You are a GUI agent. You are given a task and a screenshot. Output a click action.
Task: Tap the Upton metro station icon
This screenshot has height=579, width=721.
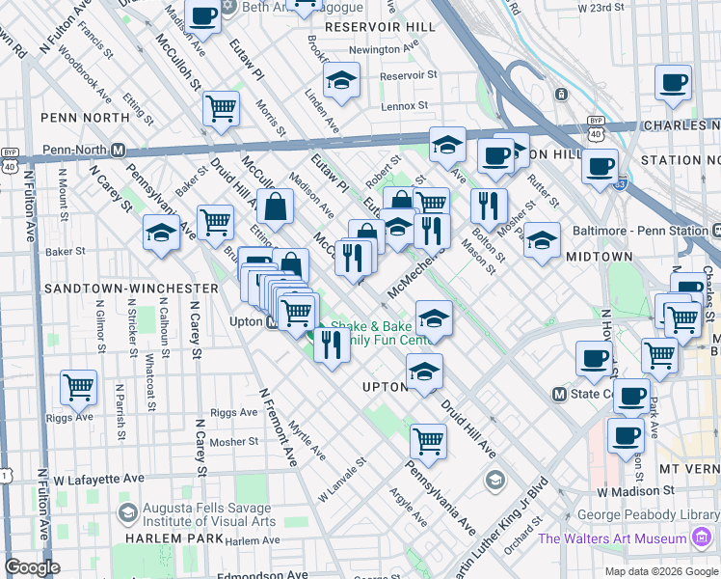point(275,322)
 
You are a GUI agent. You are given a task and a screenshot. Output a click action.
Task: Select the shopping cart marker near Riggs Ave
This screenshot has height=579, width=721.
point(78,388)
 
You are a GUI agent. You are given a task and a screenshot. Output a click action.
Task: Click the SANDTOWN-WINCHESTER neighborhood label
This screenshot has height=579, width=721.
point(130,289)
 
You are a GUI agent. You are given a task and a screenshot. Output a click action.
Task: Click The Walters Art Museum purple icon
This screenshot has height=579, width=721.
point(704,537)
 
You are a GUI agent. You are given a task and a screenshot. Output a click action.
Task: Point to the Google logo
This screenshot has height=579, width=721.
point(33,567)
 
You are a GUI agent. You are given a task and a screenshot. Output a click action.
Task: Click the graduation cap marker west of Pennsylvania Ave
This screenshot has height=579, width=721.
point(161,232)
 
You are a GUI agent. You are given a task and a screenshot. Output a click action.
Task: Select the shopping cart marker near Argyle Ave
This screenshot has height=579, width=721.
point(428,441)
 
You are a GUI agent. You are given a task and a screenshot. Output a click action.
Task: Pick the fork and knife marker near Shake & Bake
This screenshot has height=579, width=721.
point(332,344)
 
